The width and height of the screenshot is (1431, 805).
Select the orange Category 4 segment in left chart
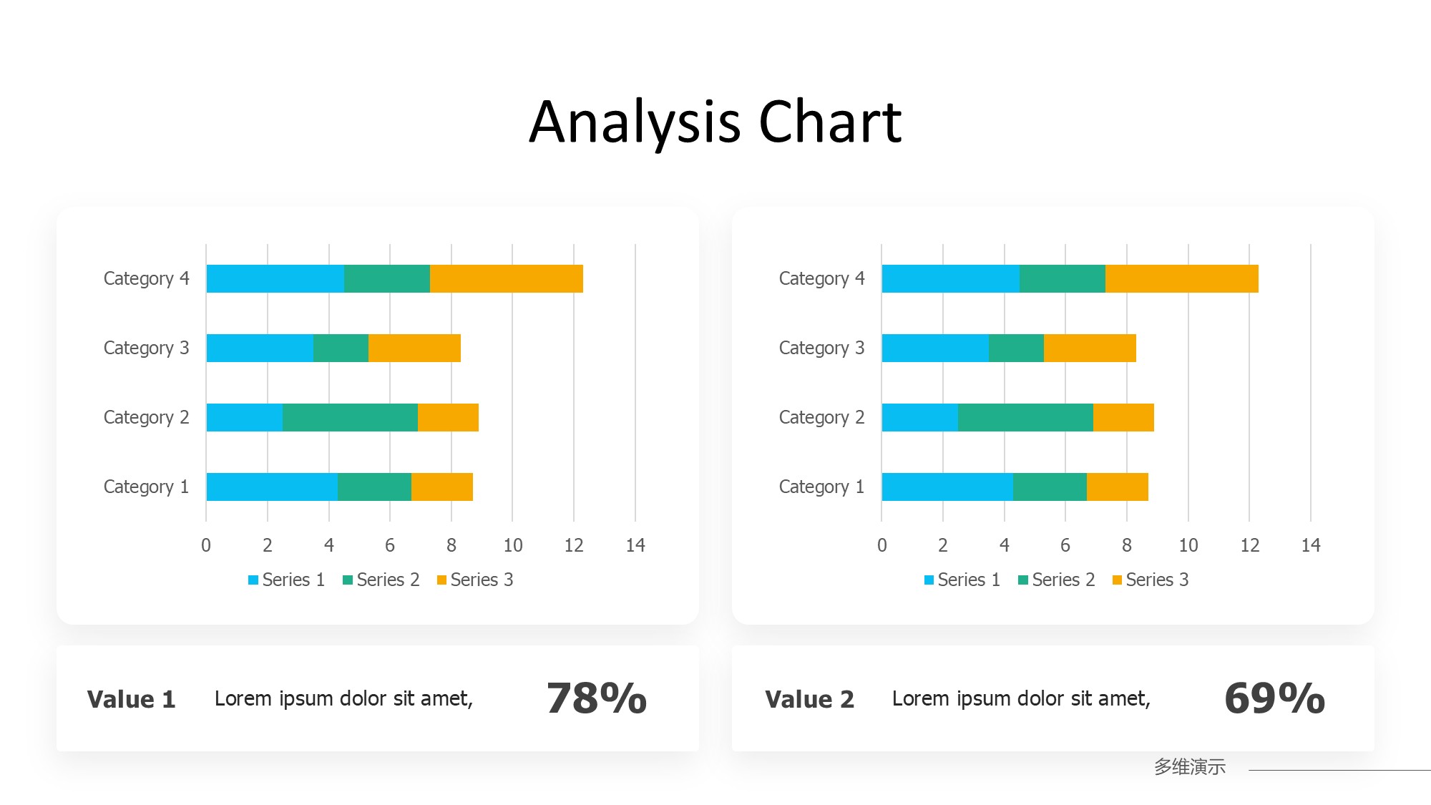coord(506,278)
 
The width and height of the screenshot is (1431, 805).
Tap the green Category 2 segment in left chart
coord(350,417)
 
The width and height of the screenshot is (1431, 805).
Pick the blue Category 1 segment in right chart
coord(947,487)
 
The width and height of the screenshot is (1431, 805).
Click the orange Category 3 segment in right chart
coord(1090,348)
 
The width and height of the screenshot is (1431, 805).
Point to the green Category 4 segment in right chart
coord(1062,278)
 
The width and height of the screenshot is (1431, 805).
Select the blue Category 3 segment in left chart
coord(260,348)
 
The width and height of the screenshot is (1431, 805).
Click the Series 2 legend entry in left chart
coord(381,580)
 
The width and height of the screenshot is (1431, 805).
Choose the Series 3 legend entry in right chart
coord(1151,580)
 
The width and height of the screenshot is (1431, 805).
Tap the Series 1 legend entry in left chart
coord(287,580)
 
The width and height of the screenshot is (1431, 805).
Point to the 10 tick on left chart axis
coord(512,545)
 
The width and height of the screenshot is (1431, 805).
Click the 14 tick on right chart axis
coord(1310,545)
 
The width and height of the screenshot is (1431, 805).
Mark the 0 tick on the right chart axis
coord(881,545)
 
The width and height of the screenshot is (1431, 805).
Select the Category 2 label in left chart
coord(146,417)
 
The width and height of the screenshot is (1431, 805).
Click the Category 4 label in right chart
coord(821,278)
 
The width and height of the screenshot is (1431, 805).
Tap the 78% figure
coord(596,698)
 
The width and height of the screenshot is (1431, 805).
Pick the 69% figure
coord(1274,698)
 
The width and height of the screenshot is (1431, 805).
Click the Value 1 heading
coord(131,699)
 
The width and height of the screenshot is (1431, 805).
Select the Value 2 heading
coord(809,699)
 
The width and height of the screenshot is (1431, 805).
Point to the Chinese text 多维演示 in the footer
coord(1189,766)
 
